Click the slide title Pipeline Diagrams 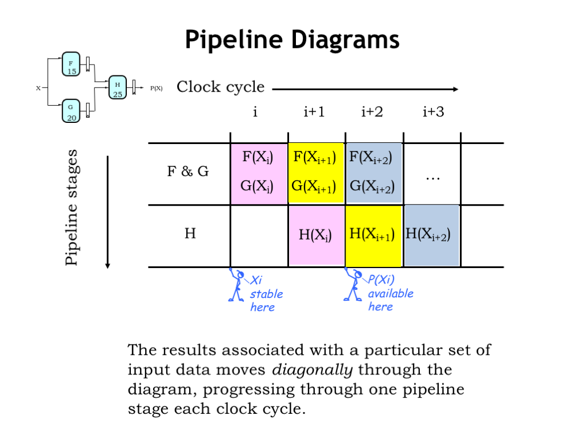292,40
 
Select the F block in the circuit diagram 71,66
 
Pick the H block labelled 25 117,89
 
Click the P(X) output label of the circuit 156,89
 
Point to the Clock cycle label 221,87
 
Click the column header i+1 314,112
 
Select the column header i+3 433,112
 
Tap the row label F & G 187,171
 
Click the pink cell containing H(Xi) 316,236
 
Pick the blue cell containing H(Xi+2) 431,236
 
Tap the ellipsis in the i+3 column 432,178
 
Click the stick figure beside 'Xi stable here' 236,285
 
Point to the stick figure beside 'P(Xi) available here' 352,285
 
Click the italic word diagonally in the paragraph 312,370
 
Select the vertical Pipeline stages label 71,207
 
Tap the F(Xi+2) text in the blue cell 371,157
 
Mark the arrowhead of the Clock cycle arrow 455,89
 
